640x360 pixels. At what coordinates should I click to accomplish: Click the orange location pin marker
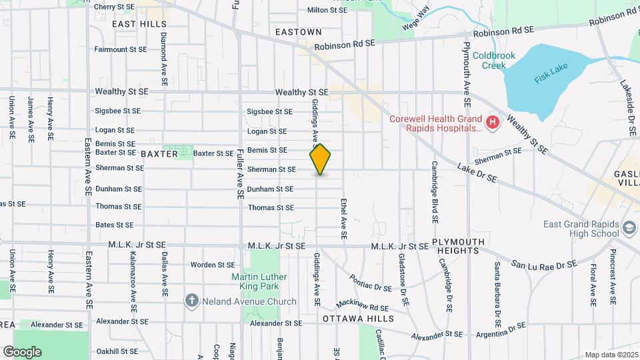[320, 159]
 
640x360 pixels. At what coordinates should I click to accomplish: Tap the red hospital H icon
[492, 122]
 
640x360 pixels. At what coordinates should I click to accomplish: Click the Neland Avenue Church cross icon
[192, 301]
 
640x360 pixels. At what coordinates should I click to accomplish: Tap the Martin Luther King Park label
[259, 281]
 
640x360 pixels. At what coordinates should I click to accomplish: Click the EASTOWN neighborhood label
[299, 32]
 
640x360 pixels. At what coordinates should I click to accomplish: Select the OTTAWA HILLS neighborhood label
[358, 319]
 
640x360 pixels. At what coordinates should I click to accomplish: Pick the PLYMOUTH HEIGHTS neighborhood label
[459, 246]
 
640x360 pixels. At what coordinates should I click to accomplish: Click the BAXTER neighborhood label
[159, 154]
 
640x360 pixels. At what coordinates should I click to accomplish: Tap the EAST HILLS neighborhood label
[139, 24]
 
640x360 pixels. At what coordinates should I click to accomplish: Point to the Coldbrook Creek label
[494, 61]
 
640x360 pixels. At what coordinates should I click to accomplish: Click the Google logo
[22, 351]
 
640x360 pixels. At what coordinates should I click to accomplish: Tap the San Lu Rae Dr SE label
[543, 265]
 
